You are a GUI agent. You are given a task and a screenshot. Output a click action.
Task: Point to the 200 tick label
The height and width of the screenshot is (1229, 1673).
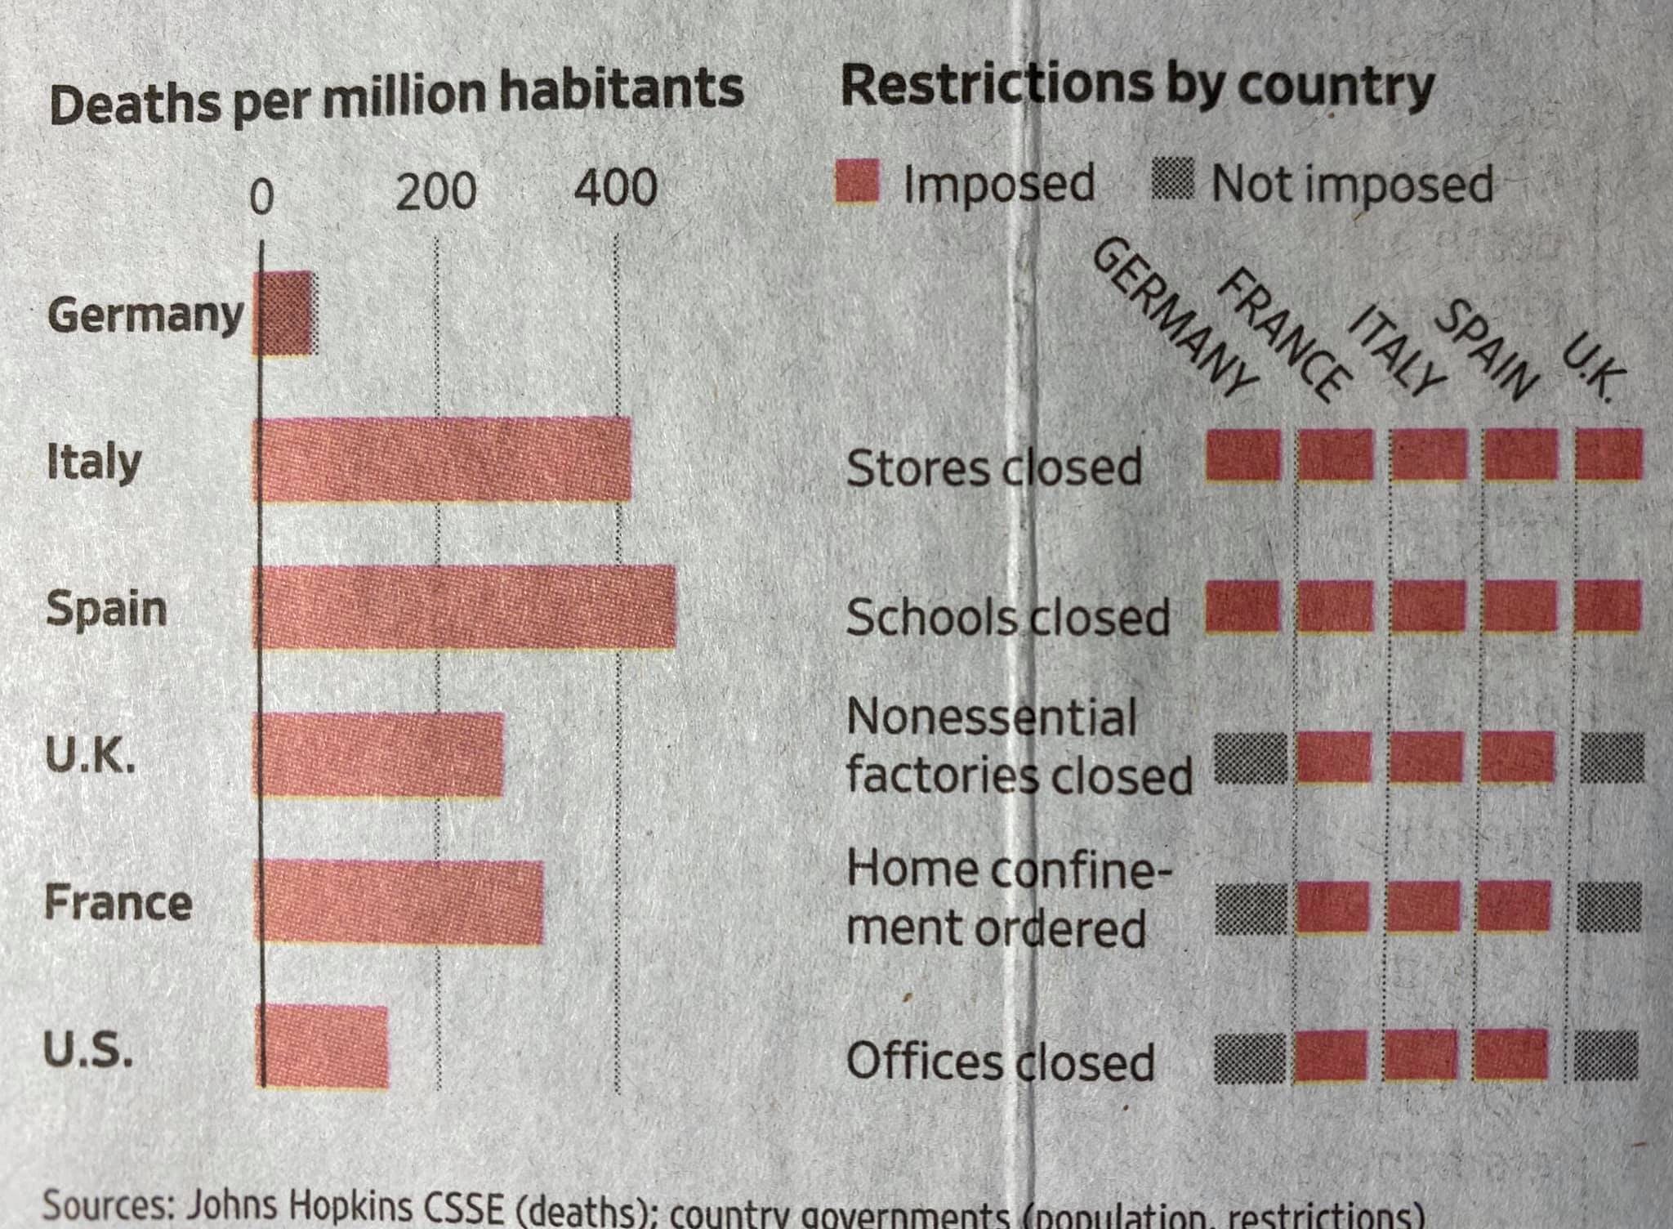435,191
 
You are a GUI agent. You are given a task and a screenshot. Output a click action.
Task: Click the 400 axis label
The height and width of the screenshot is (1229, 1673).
615,188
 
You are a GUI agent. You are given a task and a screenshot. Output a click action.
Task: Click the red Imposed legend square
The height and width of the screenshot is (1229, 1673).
857,181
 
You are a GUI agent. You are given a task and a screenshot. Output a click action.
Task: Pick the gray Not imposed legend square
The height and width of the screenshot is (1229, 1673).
1174,181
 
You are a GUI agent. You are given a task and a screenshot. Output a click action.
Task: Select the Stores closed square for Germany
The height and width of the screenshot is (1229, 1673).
1243,454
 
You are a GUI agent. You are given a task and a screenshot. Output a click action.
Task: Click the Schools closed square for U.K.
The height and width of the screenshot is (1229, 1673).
1608,606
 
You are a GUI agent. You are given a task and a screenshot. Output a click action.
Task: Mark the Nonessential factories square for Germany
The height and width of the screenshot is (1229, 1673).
1250,758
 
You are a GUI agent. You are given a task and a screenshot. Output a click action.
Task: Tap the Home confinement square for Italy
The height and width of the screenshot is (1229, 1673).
1424,906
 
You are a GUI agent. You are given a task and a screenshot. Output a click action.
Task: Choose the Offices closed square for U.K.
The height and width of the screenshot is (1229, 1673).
1606,1056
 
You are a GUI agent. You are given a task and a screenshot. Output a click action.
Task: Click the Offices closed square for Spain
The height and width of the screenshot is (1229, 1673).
1512,1055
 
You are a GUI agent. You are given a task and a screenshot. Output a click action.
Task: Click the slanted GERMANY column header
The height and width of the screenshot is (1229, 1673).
1174,319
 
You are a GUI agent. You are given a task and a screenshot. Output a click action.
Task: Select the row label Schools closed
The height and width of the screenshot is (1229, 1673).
1007,618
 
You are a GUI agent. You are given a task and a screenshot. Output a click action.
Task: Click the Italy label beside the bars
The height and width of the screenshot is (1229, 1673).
94,462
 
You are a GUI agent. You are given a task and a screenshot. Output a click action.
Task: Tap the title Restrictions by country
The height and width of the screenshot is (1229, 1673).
1137,87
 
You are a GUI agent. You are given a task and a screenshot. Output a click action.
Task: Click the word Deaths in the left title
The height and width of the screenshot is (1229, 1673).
135,105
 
